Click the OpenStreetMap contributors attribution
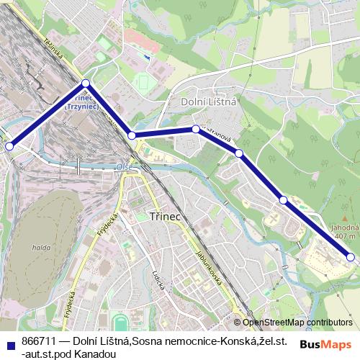[297, 323]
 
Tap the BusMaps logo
[327, 344]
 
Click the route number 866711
[37, 339]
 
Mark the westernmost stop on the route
[9, 145]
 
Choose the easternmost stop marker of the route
[351, 256]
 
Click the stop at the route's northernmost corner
[86, 84]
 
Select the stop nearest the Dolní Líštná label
[195, 129]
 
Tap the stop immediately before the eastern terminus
[284, 199]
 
